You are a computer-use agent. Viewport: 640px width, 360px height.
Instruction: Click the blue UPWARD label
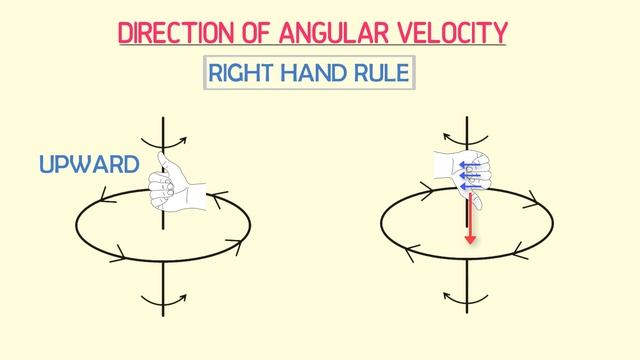coord(89,164)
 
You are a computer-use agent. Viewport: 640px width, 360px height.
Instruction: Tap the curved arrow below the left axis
coord(160,297)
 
